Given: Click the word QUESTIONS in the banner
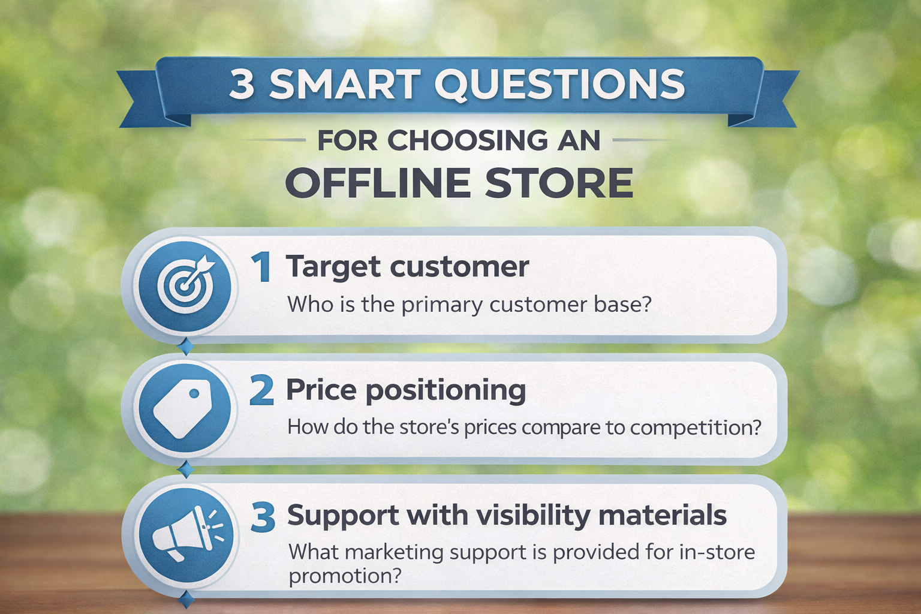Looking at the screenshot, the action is pyautogui.click(x=559, y=85).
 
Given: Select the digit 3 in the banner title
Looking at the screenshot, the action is pyautogui.click(x=242, y=85).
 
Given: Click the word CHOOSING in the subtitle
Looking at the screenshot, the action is pyautogui.click(x=468, y=140).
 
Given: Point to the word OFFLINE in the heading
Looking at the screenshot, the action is pyautogui.click(x=378, y=183).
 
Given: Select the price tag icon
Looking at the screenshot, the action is pyautogui.click(x=182, y=408).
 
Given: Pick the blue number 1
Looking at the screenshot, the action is pyautogui.click(x=261, y=267).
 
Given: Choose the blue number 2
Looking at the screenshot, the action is pyautogui.click(x=261, y=391).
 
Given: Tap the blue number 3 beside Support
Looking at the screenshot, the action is pyautogui.click(x=262, y=517).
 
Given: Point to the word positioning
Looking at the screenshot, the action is pyautogui.click(x=446, y=392).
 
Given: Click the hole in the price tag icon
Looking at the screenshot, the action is pyautogui.click(x=194, y=394).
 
